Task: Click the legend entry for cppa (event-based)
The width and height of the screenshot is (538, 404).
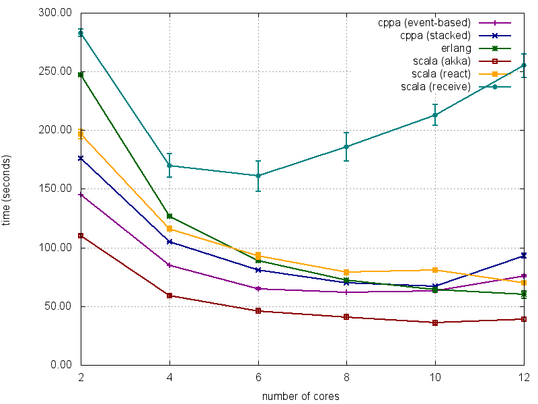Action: pos(424,23)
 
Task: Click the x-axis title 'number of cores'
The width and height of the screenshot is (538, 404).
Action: pos(301,397)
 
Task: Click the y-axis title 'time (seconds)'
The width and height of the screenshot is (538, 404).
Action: pos(7,190)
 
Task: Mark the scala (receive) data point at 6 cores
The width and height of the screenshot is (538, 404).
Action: pos(258,176)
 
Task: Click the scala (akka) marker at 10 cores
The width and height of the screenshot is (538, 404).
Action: pos(435,323)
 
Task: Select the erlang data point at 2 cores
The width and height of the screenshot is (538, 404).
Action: pos(81,75)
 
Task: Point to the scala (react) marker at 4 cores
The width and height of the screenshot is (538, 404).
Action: pos(169,229)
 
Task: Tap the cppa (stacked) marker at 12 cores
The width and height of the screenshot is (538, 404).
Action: pos(524,256)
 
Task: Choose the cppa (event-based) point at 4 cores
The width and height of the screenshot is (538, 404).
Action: pos(169,265)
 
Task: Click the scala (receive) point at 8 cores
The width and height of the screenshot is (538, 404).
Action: pos(346,147)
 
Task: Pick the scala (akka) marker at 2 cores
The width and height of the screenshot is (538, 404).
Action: pos(81,236)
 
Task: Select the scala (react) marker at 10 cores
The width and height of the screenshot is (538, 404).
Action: pos(435,270)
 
